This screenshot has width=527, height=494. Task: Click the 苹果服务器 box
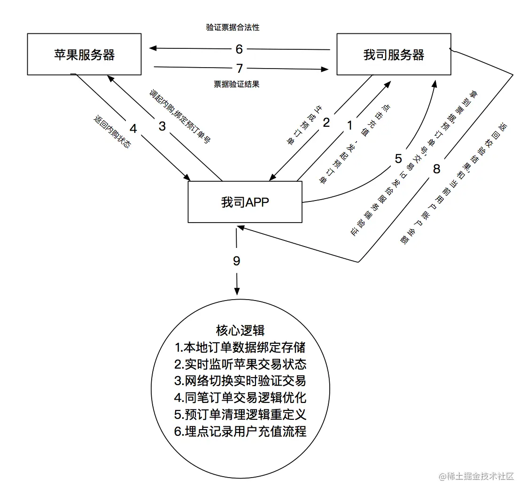pyautogui.click(x=84, y=54)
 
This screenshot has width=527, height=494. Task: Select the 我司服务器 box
pyautogui.click(x=394, y=54)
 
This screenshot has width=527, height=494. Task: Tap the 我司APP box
pyautogui.click(x=245, y=202)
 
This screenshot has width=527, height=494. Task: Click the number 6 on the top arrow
pyautogui.click(x=240, y=49)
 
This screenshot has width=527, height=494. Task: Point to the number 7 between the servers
pyautogui.click(x=240, y=69)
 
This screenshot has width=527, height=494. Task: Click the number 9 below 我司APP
pyautogui.click(x=237, y=261)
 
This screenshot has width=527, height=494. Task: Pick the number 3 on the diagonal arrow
pyautogui.click(x=162, y=126)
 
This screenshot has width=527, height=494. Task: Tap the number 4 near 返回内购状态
pyautogui.click(x=133, y=128)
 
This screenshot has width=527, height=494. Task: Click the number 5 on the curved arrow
pyautogui.click(x=398, y=159)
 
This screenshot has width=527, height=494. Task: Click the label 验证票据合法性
pyautogui.click(x=232, y=27)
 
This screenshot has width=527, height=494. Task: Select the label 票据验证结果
pyautogui.click(x=236, y=85)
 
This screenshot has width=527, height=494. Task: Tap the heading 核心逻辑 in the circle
pyautogui.click(x=240, y=330)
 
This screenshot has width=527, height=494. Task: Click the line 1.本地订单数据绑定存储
pyautogui.click(x=240, y=347)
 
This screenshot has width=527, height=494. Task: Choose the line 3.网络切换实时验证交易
pyautogui.click(x=240, y=381)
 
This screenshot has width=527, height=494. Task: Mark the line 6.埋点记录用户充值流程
pyautogui.click(x=240, y=431)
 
